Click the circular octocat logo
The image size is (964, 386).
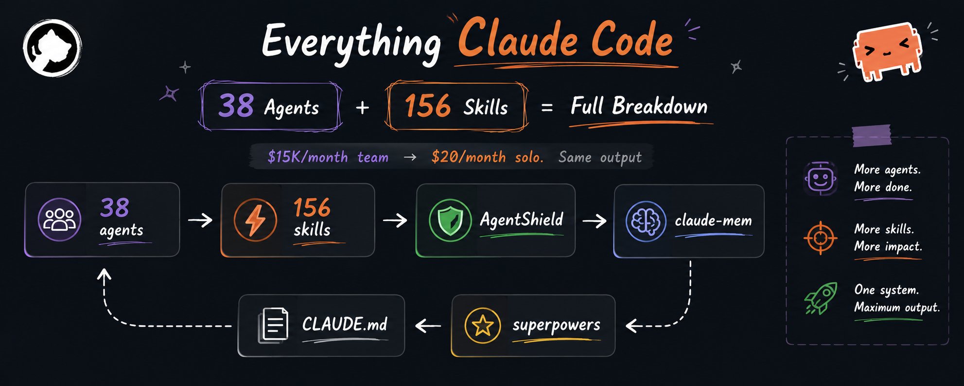tap(53, 48)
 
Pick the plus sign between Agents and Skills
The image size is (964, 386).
tap(362, 108)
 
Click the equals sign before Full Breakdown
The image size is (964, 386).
tap(547, 108)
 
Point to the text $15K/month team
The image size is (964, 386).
tap(328, 157)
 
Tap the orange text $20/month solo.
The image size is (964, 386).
tap(487, 157)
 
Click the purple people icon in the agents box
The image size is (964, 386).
tap(59, 220)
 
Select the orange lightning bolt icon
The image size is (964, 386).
tap(255, 220)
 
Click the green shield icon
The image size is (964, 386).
tap(450, 220)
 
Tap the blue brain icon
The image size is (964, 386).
tap(646, 221)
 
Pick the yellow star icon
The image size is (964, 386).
tap(482, 325)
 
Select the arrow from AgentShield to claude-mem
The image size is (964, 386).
tap(595, 221)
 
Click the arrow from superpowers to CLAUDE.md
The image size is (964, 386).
tap(428, 325)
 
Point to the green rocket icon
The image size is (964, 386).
tap(821, 298)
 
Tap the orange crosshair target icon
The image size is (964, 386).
tap(821, 238)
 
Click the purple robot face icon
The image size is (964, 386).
tap(821, 178)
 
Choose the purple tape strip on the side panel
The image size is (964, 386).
tap(872, 135)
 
